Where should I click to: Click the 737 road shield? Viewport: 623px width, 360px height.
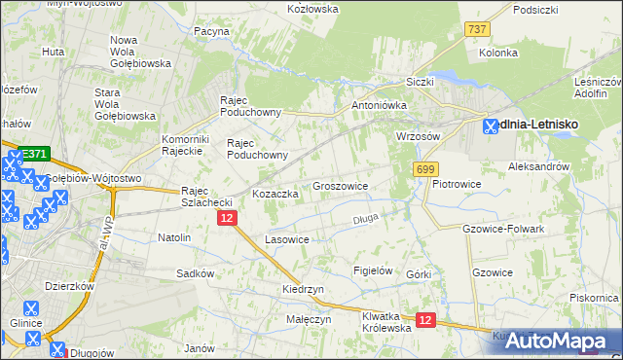pyautogui.click(x=476, y=30)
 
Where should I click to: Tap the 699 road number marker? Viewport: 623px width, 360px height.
pyautogui.click(x=424, y=169)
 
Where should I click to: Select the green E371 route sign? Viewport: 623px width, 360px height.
pyautogui.click(x=34, y=154)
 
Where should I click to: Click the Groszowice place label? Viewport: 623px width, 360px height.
pyautogui.click(x=340, y=185)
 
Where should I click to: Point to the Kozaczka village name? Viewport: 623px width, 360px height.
pyautogui.click(x=275, y=194)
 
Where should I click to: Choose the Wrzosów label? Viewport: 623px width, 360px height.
pyautogui.click(x=419, y=136)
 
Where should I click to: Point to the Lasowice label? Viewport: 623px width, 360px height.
pyautogui.click(x=287, y=239)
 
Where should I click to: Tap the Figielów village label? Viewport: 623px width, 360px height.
pyautogui.click(x=372, y=270)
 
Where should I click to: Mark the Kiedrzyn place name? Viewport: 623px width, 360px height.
pyautogui.click(x=303, y=290)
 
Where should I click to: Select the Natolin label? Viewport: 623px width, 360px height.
pyautogui.click(x=174, y=236)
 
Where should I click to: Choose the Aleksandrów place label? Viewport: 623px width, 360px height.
pyautogui.click(x=538, y=166)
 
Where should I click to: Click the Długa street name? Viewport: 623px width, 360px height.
pyautogui.click(x=364, y=219)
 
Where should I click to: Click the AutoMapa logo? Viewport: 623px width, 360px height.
pyautogui.click(x=558, y=342)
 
